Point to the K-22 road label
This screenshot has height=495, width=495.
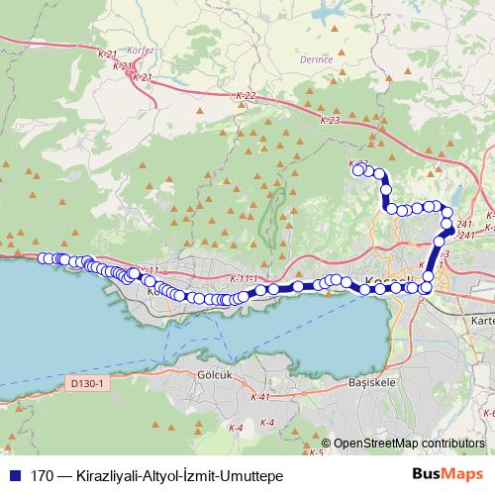coord(247,96)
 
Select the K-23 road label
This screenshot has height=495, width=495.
coord(330,119)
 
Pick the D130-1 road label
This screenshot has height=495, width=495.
coord(87,382)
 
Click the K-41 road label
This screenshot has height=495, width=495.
coord(260,396)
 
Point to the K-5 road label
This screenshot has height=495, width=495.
coord(317,453)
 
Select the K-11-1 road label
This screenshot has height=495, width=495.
coord(243,278)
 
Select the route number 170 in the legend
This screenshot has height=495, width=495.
coord(41,474)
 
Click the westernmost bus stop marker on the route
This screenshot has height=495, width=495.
coord(44,258)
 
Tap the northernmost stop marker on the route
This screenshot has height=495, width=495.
coord(358,169)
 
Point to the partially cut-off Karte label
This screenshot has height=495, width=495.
coord(482,321)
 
